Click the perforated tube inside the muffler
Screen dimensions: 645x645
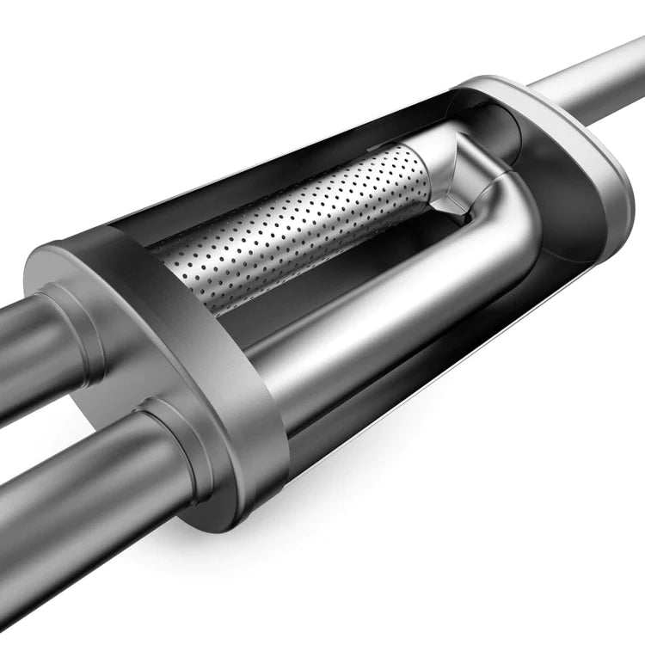point(292,228)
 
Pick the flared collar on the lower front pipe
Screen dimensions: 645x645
point(176,447)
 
